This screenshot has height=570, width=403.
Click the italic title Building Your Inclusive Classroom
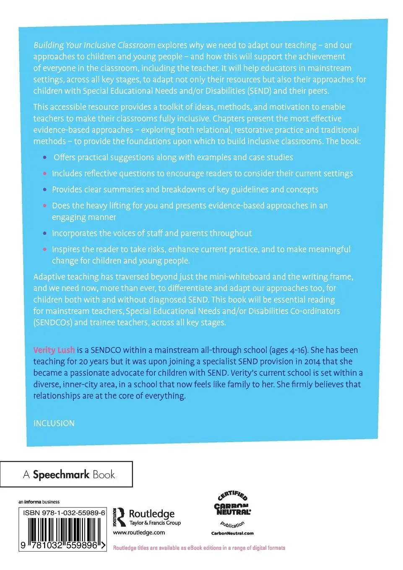coord(94,45)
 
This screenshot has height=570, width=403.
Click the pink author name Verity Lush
coord(54,350)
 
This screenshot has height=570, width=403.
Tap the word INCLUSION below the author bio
coord(54,423)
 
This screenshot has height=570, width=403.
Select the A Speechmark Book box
coord(67,474)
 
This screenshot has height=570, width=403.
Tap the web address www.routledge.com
coord(139,533)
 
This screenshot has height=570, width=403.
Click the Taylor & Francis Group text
coord(155,523)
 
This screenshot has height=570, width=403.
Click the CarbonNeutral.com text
coord(232,534)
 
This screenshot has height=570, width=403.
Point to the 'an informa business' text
coord(39,502)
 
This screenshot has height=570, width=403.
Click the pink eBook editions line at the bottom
coord(199,548)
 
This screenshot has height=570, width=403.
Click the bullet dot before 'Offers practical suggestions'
coord(45,158)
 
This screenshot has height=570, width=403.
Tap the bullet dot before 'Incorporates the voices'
coord(45,233)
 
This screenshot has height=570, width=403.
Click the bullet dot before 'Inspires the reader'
coord(45,249)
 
